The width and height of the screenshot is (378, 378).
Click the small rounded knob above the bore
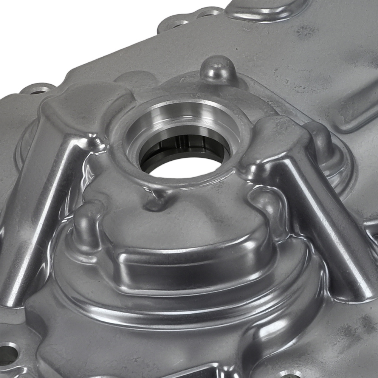(217, 68)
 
